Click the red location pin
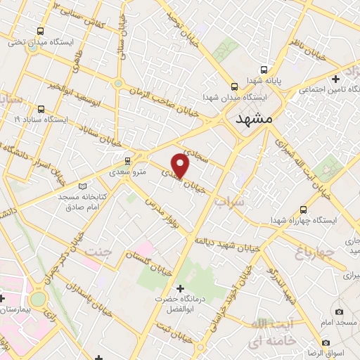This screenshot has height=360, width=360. point(181,165)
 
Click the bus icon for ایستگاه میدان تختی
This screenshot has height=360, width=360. point(41,31)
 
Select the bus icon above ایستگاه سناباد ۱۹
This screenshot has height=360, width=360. point(41,109)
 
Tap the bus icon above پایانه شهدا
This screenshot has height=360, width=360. point(264,70)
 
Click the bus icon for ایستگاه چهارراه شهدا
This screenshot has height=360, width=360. point(303,210)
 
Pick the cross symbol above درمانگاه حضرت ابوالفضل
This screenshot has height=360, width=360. point(181,288)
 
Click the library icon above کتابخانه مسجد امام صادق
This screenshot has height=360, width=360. point(84,186)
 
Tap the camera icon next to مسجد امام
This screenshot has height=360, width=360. point(340,311)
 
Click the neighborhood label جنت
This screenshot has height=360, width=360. point(98,251)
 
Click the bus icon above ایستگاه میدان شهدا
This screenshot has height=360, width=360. point(234,86)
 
